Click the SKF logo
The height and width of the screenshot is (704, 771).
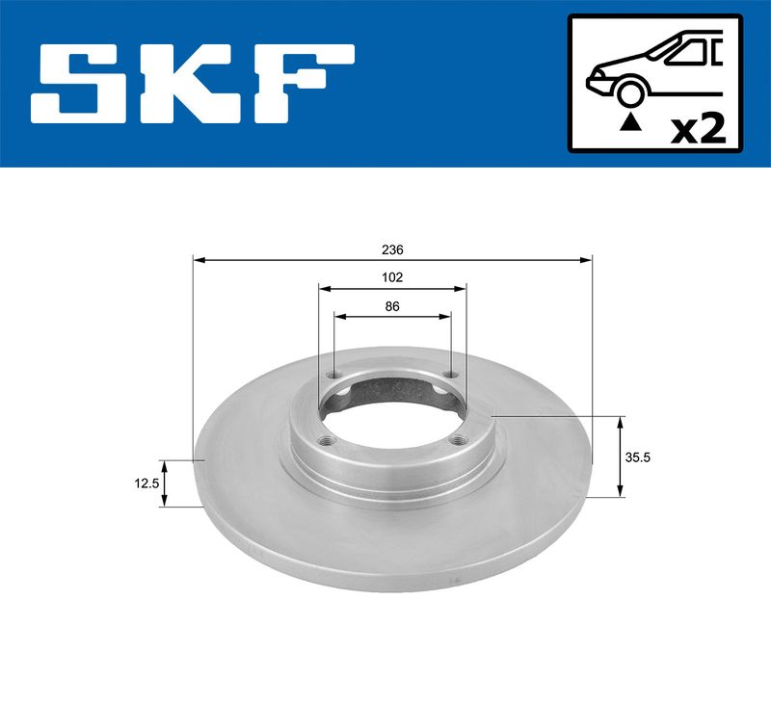pos(192,84)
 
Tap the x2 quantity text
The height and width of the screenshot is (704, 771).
pos(698,130)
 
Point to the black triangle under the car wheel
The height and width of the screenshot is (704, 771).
pos(630,123)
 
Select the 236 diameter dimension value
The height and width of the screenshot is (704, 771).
pos(392,250)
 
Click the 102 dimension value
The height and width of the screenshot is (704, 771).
pos(392,277)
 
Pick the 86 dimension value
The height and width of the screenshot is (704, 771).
pos(392,306)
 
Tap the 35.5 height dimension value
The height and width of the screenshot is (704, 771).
pos(637,457)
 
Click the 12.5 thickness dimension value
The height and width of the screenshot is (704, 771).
pos(146,483)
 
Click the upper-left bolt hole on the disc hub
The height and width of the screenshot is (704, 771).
pos(334,376)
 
